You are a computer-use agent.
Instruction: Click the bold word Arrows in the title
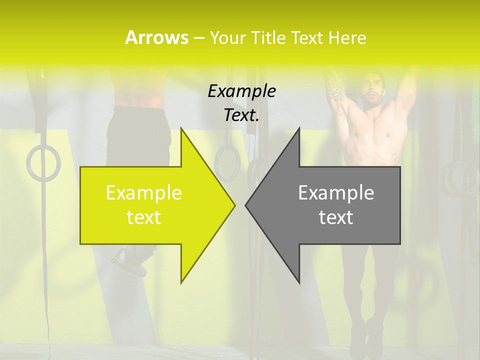156,37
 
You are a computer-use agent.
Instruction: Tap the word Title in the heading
269,38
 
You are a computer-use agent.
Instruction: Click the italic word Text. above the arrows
241,115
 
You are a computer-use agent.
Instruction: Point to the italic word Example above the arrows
241,91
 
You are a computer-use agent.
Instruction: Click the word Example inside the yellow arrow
144,192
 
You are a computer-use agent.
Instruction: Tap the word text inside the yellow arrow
144,217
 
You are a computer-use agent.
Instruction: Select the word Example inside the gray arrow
336,192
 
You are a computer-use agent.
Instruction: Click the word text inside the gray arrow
336,217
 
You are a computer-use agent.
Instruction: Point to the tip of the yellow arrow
234,205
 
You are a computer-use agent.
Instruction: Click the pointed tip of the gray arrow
245,205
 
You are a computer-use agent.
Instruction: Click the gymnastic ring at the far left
43,163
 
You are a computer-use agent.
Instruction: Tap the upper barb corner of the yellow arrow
181,128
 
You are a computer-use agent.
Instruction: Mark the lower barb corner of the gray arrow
299,282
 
